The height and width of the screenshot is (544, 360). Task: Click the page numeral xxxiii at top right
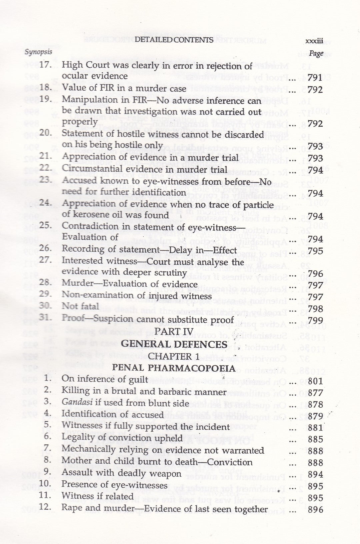click(314, 41)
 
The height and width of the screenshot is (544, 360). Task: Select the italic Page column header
click(316, 53)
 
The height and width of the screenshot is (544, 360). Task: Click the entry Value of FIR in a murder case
click(124, 89)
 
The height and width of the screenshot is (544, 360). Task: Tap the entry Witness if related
click(97, 496)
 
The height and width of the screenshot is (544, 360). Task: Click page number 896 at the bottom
click(315, 510)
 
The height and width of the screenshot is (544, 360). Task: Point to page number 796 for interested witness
click(315, 274)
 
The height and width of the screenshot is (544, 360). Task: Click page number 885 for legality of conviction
click(315, 439)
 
